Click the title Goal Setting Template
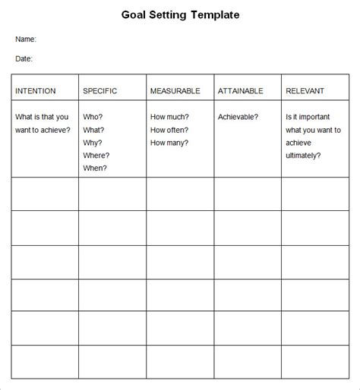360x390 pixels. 179,14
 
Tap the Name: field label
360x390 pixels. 26,39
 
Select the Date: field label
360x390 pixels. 24,58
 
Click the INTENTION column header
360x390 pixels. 36,91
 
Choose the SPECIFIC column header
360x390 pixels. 99,91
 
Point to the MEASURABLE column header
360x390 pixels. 175,91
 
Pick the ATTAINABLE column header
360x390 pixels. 241,91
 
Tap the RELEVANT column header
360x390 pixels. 306,91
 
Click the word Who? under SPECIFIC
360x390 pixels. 93,117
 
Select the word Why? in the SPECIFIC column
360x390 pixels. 93,143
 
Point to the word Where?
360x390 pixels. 96,156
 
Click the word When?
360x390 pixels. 95,168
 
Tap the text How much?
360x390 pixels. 170,117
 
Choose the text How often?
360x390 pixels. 170,130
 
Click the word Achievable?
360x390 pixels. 238,117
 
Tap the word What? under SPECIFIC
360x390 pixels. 93,130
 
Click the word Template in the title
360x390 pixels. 216,14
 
